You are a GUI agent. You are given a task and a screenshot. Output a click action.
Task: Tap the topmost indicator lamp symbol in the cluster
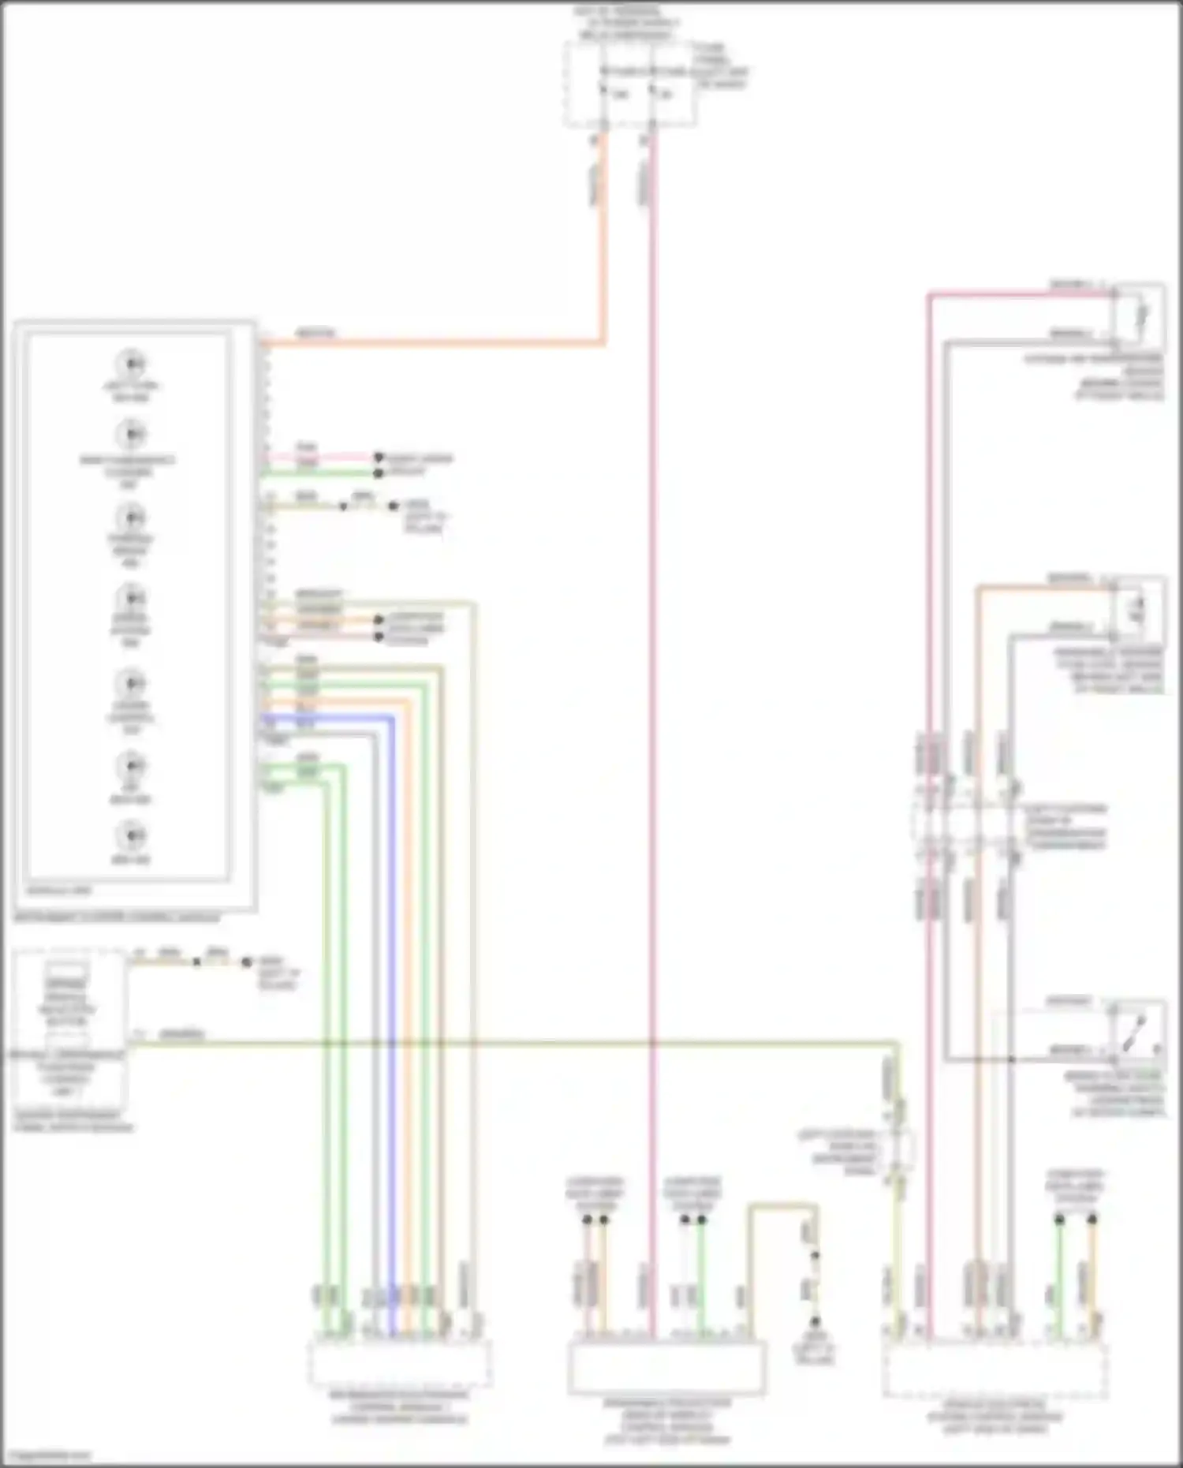point(131,364)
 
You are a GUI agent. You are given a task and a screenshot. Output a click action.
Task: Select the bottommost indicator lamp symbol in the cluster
point(131,835)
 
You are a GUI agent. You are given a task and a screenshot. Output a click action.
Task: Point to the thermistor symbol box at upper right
point(1138,316)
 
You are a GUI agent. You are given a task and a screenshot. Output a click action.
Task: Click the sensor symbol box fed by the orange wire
point(1138,609)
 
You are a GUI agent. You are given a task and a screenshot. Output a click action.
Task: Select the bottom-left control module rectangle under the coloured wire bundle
point(399,1363)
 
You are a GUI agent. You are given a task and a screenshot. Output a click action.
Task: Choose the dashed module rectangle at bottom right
point(995,1370)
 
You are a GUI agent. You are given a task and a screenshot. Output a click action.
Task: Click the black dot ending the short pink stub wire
point(379,458)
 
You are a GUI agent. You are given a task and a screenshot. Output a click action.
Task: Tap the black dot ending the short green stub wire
point(379,473)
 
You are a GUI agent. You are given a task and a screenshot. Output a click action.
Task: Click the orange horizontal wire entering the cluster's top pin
point(434,343)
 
